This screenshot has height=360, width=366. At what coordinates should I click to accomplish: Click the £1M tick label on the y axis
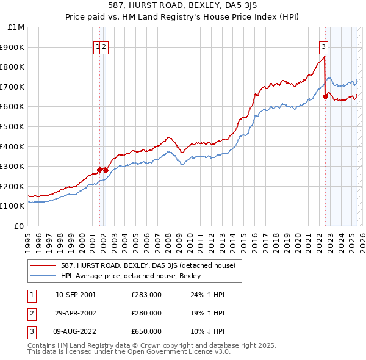16,27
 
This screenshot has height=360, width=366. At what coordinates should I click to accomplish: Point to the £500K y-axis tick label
13,126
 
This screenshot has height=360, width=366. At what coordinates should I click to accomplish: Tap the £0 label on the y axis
20,226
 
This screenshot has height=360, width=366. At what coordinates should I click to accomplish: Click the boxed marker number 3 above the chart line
323,45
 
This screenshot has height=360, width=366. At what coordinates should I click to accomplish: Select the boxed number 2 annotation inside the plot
104,45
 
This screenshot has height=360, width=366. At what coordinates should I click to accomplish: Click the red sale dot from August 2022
325,96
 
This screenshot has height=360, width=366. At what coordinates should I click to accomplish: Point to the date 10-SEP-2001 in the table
76,295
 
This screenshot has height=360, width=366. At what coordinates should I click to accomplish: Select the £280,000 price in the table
146,313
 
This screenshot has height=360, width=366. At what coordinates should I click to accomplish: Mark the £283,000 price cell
146,295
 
